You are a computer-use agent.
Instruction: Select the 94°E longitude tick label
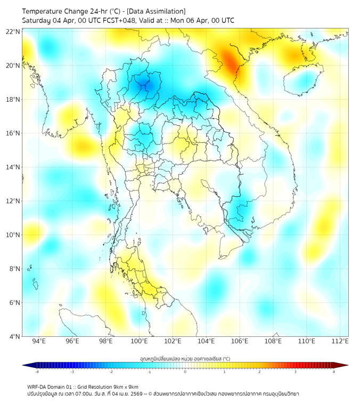pos(39,341)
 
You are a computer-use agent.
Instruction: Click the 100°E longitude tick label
pos(139,341)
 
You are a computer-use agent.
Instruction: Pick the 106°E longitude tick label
pos(240,341)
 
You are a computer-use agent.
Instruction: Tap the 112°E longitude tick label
pos(340,341)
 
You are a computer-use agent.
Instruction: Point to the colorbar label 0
pos(185,372)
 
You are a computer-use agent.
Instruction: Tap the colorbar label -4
pos(37,372)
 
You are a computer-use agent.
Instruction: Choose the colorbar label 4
pos(333,372)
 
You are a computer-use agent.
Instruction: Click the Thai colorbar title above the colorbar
pos(185,358)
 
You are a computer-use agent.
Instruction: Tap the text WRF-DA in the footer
pos(37,386)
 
